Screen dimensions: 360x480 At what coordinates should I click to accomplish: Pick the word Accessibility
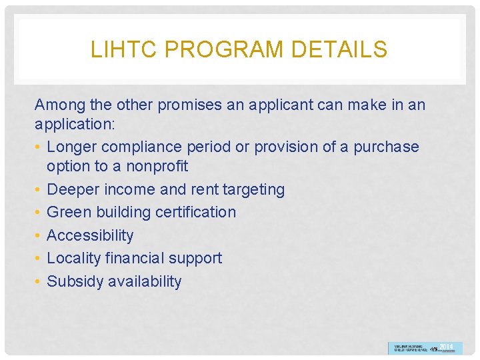(90, 235)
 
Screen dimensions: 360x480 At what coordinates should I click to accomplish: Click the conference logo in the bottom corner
(425, 348)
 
